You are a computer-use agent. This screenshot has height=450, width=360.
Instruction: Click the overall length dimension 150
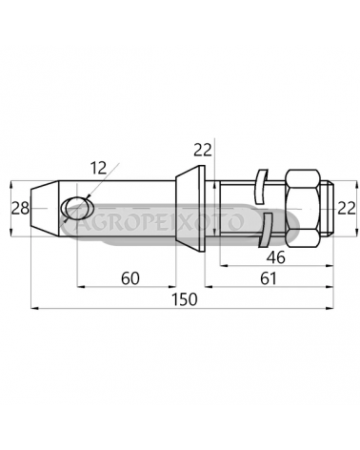[185, 299]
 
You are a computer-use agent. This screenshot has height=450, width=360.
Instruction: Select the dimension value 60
[130, 278]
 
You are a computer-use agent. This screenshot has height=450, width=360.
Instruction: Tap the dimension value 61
[269, 278]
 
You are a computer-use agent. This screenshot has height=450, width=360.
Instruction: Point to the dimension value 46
[276, 257]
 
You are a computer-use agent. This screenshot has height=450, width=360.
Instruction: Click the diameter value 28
[20, 209]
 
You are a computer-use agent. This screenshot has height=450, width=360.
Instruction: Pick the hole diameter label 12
[98, 168]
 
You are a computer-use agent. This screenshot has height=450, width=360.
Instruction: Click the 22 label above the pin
[203, 150]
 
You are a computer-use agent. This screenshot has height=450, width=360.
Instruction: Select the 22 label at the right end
[347, 209]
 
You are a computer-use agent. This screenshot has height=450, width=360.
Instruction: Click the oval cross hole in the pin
[77, 209]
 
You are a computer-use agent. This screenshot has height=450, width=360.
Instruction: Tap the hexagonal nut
[303, 209]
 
